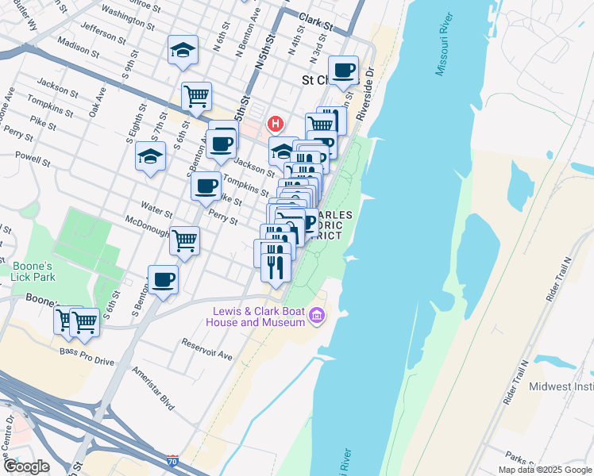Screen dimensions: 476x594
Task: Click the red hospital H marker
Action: pyautogui.click(x=276, y=124)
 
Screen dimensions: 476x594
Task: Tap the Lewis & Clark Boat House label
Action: pyautogui.click(x=256, y=317)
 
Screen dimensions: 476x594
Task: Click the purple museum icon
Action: pyautogui.click(x=317, y=317)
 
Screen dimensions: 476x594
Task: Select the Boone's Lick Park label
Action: pyautogui.click(x=33, y=272)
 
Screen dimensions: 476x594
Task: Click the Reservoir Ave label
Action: pyautogui.click(x=206, y=349)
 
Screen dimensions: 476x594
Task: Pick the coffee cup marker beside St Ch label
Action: pyautogui.click(x=344, y=71)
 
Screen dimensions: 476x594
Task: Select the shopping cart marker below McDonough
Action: pyautogui.click(x=184, y=240)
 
